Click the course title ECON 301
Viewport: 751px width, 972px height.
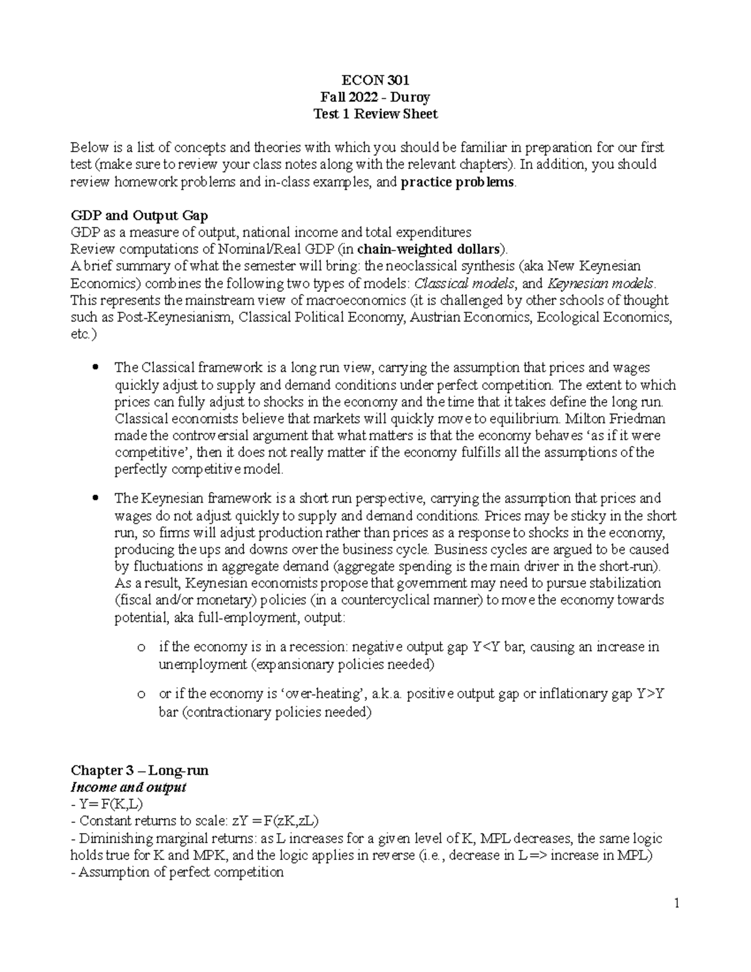[x=375, y=80]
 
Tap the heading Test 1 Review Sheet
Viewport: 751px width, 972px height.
[x=375, y=114]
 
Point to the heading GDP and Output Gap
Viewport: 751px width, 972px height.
[x=139, y=216]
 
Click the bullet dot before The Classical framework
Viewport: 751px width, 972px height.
[x=95, y=367]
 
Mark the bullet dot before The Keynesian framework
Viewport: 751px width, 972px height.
[x=95, y=498]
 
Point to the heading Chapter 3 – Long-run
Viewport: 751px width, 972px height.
[x=140, y=770]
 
